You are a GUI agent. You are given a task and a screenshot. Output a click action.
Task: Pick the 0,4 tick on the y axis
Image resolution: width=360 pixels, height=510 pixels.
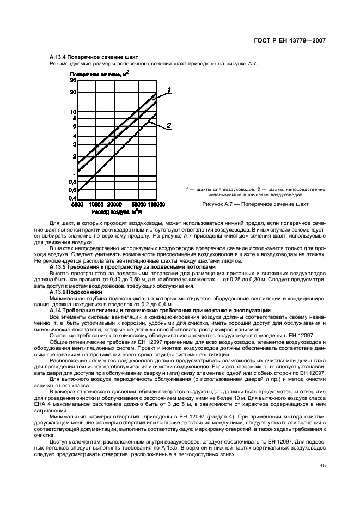click(x=71, y=199)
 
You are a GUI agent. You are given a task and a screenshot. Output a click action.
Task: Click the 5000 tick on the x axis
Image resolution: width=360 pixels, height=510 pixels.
click(x=77, y=204)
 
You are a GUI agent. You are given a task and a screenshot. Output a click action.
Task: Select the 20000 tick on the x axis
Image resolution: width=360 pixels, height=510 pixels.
click(x=113, y=204)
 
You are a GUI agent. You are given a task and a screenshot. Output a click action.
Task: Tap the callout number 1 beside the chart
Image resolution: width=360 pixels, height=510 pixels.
click(x=169, y=90)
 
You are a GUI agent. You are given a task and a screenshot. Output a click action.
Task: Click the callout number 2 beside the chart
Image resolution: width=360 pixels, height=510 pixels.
click(x=169, y=126)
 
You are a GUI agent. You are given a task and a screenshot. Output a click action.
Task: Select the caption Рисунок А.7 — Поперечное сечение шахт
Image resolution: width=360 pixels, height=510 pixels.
click(x=255, y=205)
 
